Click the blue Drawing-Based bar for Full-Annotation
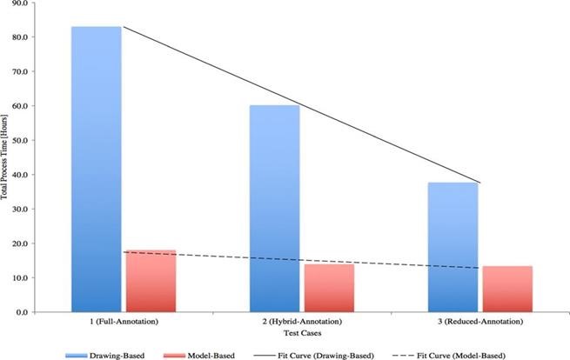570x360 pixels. pos(96,170)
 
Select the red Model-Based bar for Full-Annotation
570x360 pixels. pos(151,281)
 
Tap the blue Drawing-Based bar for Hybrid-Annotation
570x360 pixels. pos(274,209)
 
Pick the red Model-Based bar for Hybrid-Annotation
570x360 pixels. pos(329,288)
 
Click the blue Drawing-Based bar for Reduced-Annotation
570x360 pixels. pos(453,247)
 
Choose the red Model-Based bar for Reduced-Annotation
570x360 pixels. pos(507,289)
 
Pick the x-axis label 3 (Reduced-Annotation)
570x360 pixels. pos(479,323)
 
